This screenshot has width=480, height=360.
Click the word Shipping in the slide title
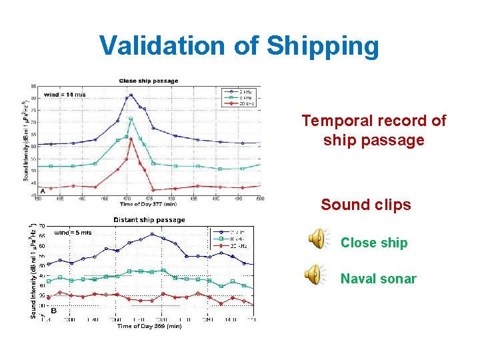point(323,47)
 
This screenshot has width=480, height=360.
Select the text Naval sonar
point(378,279)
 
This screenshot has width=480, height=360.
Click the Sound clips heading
point(365,205)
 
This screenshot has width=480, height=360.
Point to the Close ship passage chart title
point(149,81)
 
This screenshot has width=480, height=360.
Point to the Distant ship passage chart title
point(149,220)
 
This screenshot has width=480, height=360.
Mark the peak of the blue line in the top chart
point(131,95)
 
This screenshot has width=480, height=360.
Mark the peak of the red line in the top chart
point(131,139)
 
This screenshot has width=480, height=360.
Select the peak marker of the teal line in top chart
point(131,119)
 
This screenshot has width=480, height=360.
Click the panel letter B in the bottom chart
point(53,310)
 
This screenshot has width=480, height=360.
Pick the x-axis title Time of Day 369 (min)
point(149,326)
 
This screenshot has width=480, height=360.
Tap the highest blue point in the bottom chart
point(152,234)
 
